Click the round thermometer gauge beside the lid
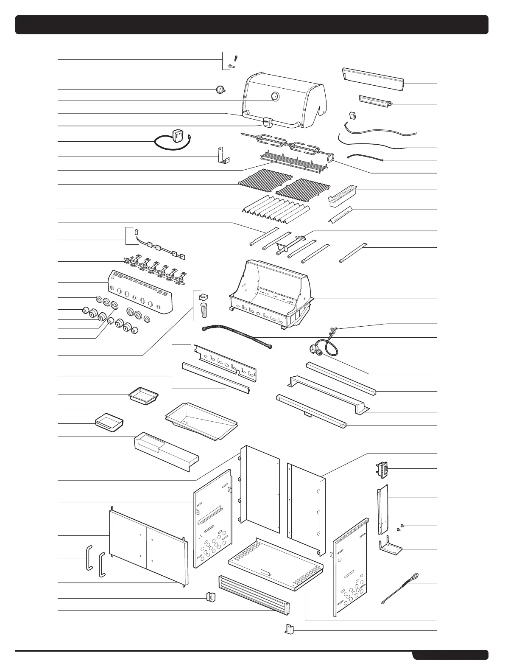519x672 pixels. coord(220,90)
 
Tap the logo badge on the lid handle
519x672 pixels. coord(267,121)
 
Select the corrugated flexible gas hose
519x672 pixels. coord(237,336)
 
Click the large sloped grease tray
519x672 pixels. coord(201,420)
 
